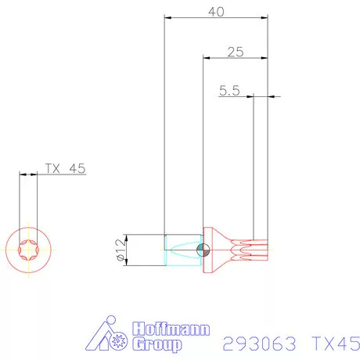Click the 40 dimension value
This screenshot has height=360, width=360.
tap(216, 11)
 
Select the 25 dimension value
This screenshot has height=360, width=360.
tap(235, 52)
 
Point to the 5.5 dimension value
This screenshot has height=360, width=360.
tap(229, 91)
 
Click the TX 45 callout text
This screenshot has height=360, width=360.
tap(64, 168)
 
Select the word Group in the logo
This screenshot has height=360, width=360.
tap(157, 344)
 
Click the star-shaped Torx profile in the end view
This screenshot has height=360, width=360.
tap(28, 250)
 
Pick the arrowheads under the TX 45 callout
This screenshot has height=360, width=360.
tap(28, 175)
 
